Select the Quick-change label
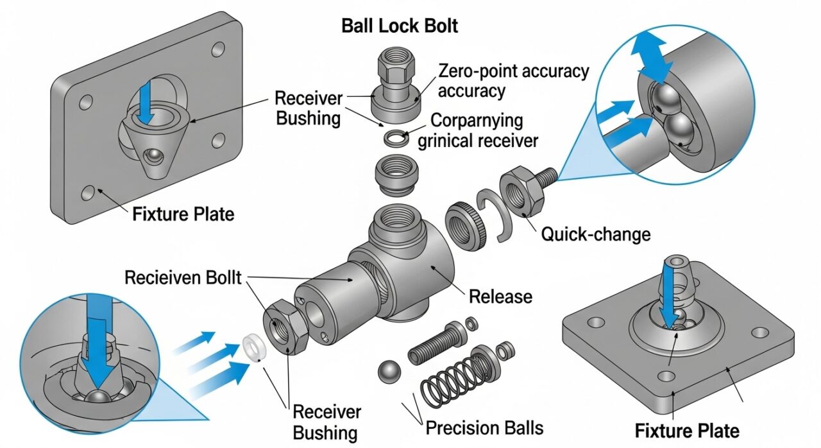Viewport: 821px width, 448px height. [596, 234]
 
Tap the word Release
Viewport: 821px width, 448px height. [500, 297]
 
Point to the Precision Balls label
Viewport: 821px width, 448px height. [485, 427]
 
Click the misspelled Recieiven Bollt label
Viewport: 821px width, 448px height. [183, 278]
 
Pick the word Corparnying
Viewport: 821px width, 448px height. [477, 121]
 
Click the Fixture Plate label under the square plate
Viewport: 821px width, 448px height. [686, 430]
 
